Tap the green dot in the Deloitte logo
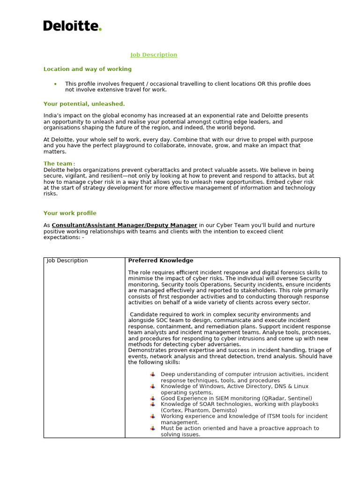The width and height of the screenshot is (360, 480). coord(100,29)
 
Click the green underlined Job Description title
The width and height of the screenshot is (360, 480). coord(154,55)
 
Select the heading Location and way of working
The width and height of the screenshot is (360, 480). coord(87,69)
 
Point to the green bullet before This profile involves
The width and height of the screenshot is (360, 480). coord(55,84)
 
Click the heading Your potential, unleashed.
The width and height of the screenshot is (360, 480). coord(84,104)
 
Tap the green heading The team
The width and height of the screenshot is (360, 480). coord(58,164)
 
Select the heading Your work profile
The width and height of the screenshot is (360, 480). coord(70,213)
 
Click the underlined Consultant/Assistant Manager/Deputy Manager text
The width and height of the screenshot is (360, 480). coord(124,225)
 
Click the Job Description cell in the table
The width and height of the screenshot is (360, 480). coord(67,261)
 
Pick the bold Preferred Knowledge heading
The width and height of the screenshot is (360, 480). coord(160,261)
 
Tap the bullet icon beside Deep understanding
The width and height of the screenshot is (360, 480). coord(153,375)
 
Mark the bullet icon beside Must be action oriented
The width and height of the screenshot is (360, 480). coord(153,428)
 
